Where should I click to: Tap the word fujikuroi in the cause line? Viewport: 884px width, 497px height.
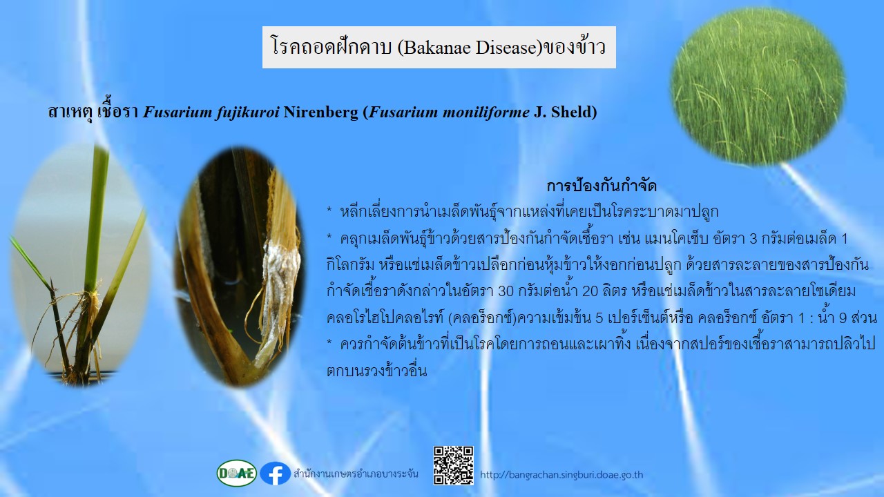click(x=248, y=113)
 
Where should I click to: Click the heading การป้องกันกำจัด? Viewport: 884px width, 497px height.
click(x=602, y=186)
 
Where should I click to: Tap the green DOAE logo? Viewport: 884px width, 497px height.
click(x=236, y=473)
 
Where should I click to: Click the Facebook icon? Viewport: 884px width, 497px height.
click(x=275, y=474)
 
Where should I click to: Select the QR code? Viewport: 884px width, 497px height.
click(x=454, y=465)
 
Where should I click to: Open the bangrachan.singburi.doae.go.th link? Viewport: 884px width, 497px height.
click(x=561, y=474)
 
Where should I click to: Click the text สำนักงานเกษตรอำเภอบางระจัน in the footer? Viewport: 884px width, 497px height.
click(x=356, y=474)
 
